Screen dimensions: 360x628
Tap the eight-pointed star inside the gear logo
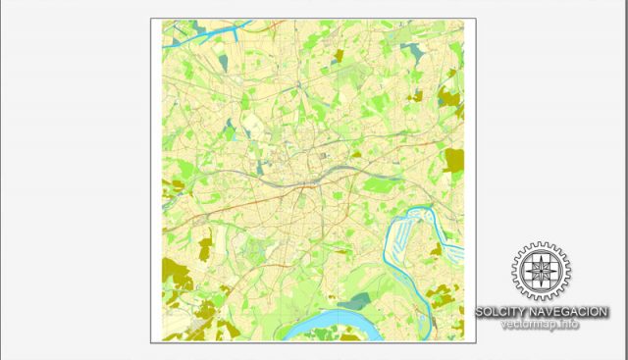tap(539, 271)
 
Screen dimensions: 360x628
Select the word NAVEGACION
tap(573, 312)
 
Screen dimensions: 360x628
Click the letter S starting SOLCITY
tap(480, 312)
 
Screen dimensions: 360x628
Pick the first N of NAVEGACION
tap(543, 312)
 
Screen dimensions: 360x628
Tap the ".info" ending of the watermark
tap(568, 324)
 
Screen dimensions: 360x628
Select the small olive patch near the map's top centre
tap(339, 56)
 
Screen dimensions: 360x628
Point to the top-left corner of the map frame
tap(151, 19)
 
